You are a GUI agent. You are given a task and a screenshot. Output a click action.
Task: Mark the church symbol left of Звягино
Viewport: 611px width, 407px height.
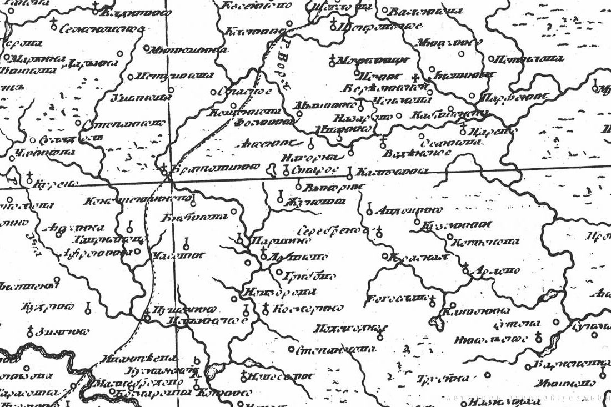click(x=29, y=331)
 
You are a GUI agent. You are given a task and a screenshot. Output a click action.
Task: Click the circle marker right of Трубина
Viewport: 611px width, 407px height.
click(x=488, y=375)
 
